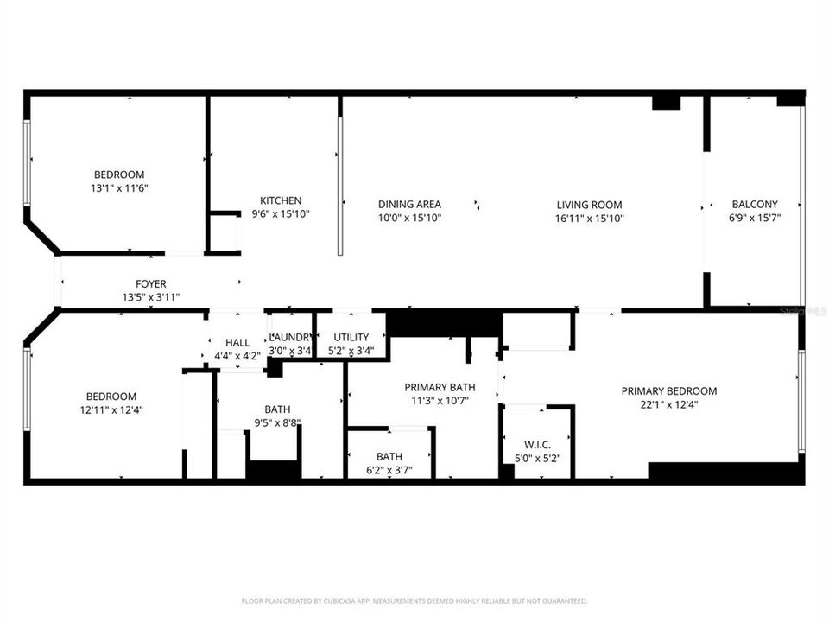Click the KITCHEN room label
coord(281,201)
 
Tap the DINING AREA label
coord(409,205)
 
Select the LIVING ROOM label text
coord(589,205)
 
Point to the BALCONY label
coord(755,205)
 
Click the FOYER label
coord(150,284)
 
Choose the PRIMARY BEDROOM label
coord(668,391)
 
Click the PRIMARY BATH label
coord(440,387)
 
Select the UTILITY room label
coord(351,337)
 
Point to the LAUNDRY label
coord(290,337)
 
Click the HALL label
coord(237,343)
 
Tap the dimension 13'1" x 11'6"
coord(119,187)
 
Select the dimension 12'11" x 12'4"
coord(111,410)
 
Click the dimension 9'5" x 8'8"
coord(277,423)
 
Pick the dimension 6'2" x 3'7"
coord(389,470)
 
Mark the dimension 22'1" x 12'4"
coord(668,404)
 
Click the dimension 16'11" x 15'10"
coord(589,219)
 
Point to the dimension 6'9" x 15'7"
coord(755,218)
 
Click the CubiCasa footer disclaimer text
coord(414,600)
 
